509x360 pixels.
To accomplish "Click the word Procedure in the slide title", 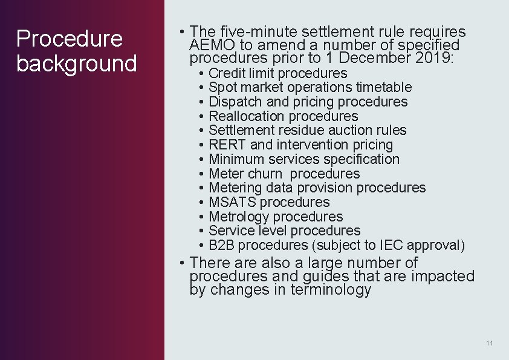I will coord(70,39).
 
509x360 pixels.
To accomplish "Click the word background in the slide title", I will coord(77,64).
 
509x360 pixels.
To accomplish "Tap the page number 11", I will coord(489,343).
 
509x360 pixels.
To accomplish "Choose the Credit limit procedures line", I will coord(277,73).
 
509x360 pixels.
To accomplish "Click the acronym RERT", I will coord(227,145).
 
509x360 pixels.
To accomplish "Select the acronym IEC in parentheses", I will coord(392,245).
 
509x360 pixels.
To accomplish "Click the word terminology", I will coord(331,290).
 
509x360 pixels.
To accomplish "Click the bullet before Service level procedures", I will coord(201,231).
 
